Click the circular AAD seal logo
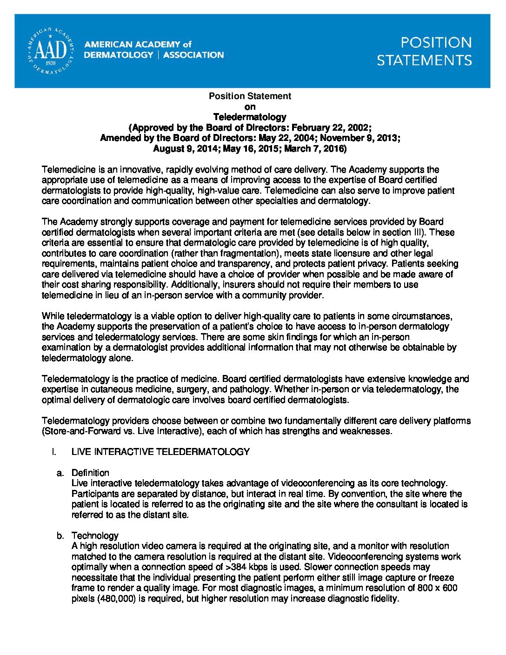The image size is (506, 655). click(50, 50)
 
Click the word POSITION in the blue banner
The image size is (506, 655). click(436, 43)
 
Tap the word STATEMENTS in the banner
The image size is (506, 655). click(424, 60)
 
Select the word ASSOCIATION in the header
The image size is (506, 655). click(193, 55)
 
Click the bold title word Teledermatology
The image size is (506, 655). click(250, 117)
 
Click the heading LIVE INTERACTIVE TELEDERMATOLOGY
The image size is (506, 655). click(160, 452)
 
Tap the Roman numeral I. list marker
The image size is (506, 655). click(54, 452)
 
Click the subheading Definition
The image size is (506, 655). click(90, 473)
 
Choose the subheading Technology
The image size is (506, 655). click(95, 535)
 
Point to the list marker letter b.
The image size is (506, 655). click(60, 535)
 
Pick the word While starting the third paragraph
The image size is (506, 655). click(53, 316)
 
